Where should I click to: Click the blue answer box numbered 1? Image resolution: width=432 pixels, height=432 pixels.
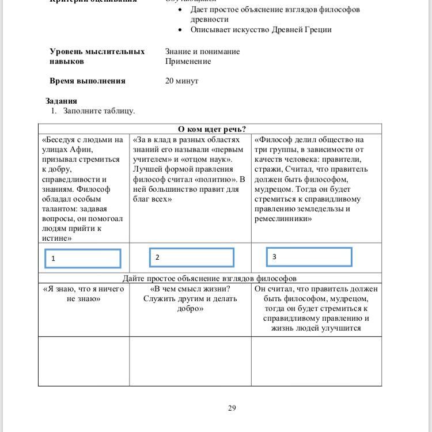(x=82, y=259)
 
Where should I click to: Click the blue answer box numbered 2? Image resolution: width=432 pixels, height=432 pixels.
(x=191, y=257)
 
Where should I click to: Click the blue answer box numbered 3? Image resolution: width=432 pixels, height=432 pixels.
(x=309, y=257)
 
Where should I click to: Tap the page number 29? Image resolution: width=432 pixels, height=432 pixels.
(x=232, y=408)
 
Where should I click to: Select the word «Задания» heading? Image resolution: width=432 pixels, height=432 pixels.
(x=61, y=101)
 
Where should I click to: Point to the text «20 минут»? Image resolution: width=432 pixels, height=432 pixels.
(x=181, y=81)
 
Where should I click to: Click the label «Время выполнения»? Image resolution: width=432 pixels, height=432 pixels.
(x=87, y=81)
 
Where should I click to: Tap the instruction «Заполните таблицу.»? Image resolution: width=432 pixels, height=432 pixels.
(x=99, y=111)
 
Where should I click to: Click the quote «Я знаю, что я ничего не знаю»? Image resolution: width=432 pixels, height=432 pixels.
(x=84, y=294)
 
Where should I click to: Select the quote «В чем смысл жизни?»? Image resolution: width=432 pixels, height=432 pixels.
(x=190, y=289)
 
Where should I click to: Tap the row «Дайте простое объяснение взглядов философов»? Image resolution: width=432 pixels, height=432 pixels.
(x=210, y=278)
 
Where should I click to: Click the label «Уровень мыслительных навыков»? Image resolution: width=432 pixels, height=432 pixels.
(x=97, y=56)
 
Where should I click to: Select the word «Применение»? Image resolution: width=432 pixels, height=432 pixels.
(x=188, y=61)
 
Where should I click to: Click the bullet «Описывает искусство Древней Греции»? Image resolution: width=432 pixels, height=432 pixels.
(x=261, y=29)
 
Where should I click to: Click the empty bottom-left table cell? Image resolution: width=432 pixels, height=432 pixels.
(x=84, y=361)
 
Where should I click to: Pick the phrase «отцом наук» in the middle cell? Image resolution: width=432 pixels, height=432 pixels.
(x=211, y=160)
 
